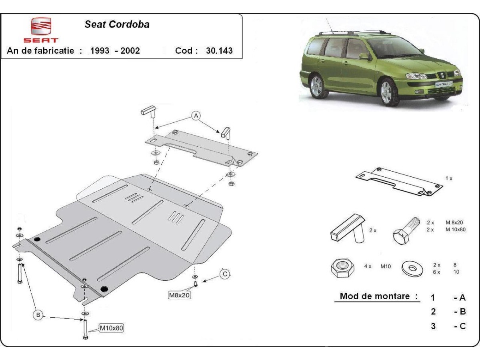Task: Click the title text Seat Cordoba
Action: tap(117, 24)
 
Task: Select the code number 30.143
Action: tap(219, 51)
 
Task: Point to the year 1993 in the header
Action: tap(100, 51)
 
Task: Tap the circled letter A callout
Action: tap(196, 116)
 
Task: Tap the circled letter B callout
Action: tap(38, 315)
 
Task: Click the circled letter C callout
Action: tap(225, 274)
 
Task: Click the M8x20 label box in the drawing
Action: tap(179, 295)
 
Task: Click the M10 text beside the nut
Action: tap(385, 266)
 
